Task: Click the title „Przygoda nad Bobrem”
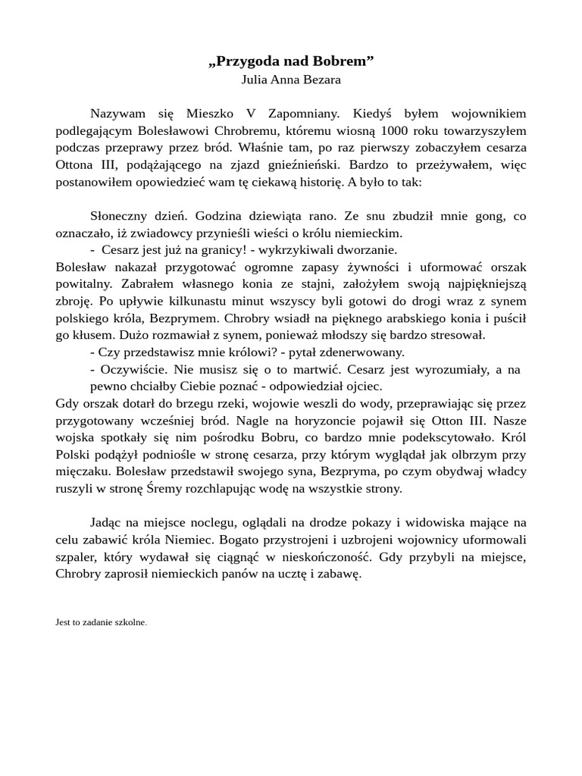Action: pos(291,61)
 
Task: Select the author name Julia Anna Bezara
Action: pos(291,79)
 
